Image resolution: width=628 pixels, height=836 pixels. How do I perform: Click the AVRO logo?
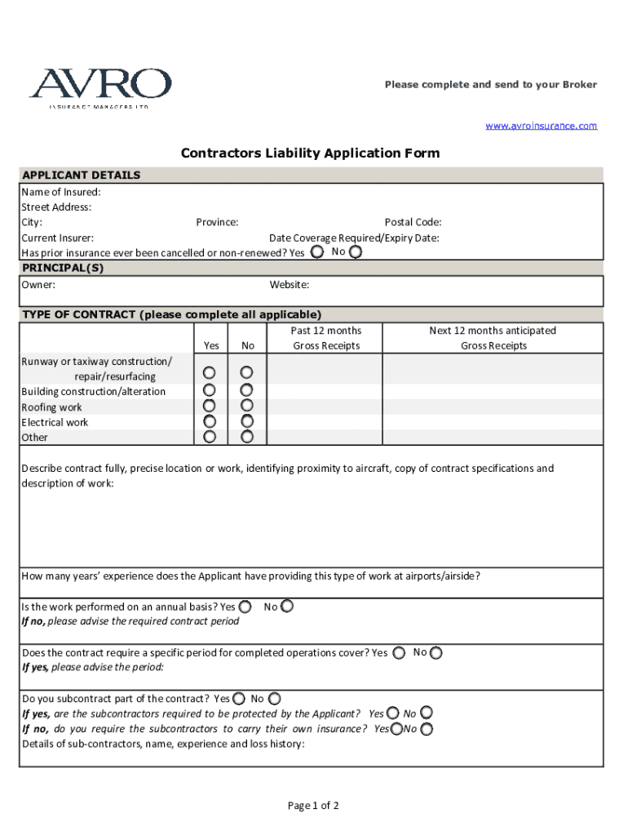100,87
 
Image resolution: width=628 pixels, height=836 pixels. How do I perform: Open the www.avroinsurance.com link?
542,126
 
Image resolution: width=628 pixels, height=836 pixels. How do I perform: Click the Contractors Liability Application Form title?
310,153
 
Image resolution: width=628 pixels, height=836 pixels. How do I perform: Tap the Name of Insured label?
61,192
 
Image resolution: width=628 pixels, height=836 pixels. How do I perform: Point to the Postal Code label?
413,222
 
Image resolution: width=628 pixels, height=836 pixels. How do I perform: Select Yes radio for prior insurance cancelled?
316,252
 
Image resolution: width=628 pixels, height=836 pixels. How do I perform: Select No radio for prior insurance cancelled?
355,252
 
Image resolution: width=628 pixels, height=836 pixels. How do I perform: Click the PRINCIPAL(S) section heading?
63,268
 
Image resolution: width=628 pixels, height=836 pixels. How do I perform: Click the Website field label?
289,285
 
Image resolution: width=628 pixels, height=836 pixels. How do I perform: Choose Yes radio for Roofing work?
210,406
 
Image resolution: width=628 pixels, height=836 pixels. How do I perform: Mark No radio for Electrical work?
247,421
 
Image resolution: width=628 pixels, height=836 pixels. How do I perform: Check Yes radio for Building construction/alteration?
210,391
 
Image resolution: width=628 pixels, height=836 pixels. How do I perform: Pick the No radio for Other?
247,437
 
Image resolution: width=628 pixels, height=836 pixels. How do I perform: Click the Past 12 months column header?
325,331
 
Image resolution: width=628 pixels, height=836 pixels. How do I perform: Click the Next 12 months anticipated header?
493,331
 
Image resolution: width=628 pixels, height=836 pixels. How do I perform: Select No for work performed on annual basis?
286,607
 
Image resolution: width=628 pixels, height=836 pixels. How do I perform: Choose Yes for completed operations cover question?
399,653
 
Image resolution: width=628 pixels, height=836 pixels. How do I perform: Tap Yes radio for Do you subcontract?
238,699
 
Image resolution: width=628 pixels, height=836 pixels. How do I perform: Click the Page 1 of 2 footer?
313,806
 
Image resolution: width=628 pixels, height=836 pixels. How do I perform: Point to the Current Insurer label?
57,238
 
